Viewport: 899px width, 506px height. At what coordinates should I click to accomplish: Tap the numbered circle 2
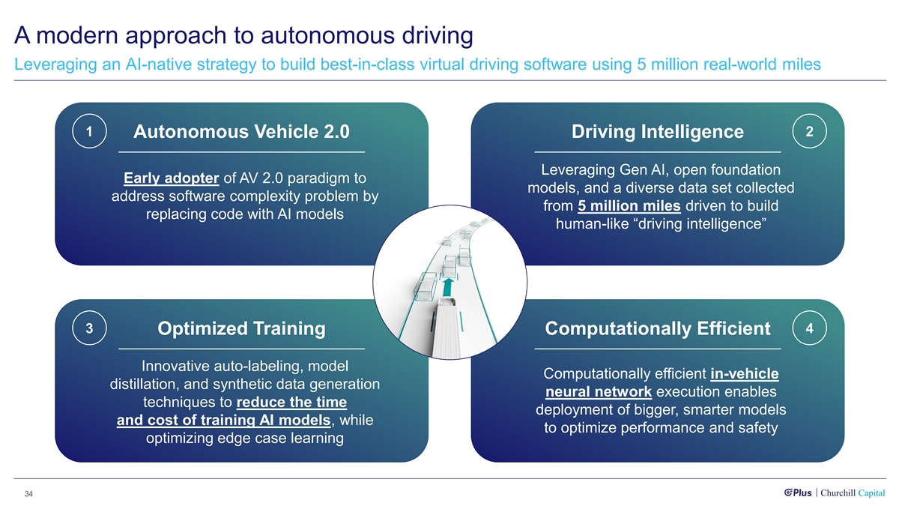tap(809, 131)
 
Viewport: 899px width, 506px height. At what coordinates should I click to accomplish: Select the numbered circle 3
tap(89, 328)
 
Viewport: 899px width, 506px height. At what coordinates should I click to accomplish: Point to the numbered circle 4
tap(809, 328)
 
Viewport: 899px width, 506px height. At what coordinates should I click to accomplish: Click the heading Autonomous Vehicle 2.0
tap(241, 132)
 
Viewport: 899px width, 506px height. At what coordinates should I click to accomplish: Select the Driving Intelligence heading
tap(658, 132)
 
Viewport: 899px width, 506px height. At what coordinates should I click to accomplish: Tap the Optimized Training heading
tap(241, 328)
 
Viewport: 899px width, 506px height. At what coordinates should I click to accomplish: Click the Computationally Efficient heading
tap(658, 328)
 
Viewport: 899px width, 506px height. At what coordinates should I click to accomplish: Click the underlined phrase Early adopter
tap(172, 178)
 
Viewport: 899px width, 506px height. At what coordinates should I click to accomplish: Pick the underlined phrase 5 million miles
tap(629, 206)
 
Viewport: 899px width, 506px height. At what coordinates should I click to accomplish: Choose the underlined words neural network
tap(599, 391)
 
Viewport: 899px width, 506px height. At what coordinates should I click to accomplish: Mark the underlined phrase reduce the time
tap(291, 402)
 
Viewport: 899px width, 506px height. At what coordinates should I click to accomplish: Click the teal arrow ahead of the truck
tap(448, 288)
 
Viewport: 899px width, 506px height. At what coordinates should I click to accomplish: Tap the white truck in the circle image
tap(446, 328)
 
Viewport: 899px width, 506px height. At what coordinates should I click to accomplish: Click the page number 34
tap(28, 494)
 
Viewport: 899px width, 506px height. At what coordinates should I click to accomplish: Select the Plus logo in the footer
tap(798, 493)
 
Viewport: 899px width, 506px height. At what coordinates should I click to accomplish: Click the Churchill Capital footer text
tap(853, 493)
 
